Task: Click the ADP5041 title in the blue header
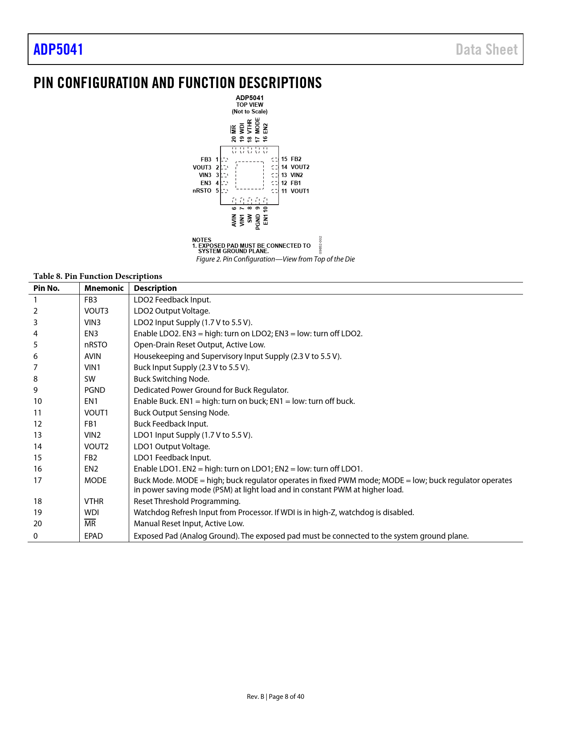pyautogui.click(x=58, y=49)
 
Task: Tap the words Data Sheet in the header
pyautogui.click(x=486, y=49)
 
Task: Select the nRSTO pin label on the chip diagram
pyautogui.click(x=202, y=191)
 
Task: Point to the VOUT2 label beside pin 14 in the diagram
pyautogui.click(x=300, y=167)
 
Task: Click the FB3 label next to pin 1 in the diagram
pyautogui.click(x=206, y=159)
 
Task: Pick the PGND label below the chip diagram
pyautogui.click(x=258, y=222)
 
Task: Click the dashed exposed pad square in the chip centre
pyautogui.click(x=249, y=175)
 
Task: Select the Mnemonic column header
pyautogui.click(x=104, y=288)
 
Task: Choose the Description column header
pyautogui.click(x=155, y=288)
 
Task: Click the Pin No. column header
pyautogui.click(x=46, y=288)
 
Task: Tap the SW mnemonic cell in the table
pyautogui.click(x=90, y=379)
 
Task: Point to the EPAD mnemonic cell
pyautogui.click(x=94, y=536)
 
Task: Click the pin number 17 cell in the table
pyautogui.click(x=38, y=480)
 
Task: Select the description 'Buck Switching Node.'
pyautogui.click(x=172, y=379)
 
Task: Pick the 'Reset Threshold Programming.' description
pyautogui.click(x=187, y=501)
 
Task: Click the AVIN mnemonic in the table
pyautogui.click(x=93, y=356)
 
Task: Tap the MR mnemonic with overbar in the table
pyautogui.click(x=90, y=524)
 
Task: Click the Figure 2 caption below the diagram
pyautogui.click(x=275, y=259)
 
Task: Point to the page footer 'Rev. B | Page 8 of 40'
pyautogui.click(x=275, y=697)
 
